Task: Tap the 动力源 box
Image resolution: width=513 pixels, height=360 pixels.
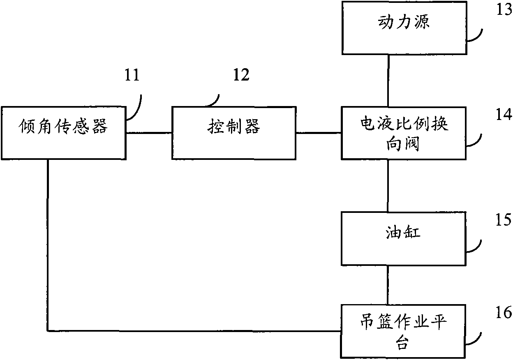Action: pyautogui.click(x=404, y=28)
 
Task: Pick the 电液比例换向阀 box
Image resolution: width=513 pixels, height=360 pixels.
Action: pyautogui.click(x=404, y=133)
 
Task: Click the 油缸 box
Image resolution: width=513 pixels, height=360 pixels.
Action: pyautogui.click(x=404, y=238)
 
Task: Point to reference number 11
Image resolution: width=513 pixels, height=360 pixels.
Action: pyautogui.click(x=133, y=76)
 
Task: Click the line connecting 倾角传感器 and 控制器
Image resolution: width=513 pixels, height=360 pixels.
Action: pyautogui.click(x=148, y=133)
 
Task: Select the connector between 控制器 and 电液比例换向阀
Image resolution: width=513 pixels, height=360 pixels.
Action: pyautogui.click(x=318, y=133)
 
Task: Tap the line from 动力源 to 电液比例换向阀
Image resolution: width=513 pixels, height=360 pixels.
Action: pyautogui.click(x=388, y=81)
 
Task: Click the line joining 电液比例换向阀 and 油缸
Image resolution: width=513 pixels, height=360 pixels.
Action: pyautogui.click(x=388, y=185)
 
